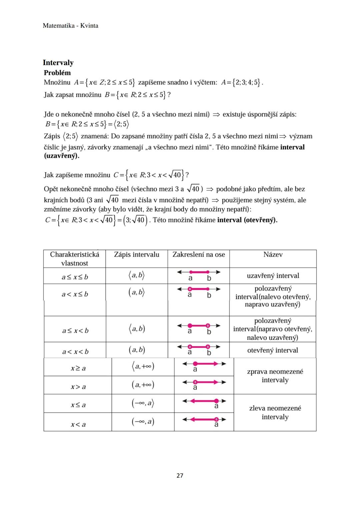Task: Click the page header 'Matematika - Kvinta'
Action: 70,26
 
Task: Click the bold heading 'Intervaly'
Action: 58,63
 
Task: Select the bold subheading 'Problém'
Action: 57,73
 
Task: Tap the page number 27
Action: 180,475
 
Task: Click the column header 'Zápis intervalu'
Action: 137,255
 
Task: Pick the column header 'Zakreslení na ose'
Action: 199,255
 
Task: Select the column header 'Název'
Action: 273,255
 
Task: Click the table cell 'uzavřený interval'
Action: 273,276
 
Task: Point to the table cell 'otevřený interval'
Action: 273,350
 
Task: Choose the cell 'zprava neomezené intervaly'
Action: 275,376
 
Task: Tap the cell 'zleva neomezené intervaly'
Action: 275,412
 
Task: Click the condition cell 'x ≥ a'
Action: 78,368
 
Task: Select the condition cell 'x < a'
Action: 78,424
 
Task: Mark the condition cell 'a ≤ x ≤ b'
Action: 75,277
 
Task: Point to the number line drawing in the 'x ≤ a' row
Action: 204,402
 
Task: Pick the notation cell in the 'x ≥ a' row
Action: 143,367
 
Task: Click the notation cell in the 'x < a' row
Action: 143,422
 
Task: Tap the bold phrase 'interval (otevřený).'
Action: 247,220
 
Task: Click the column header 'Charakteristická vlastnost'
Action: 75,259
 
